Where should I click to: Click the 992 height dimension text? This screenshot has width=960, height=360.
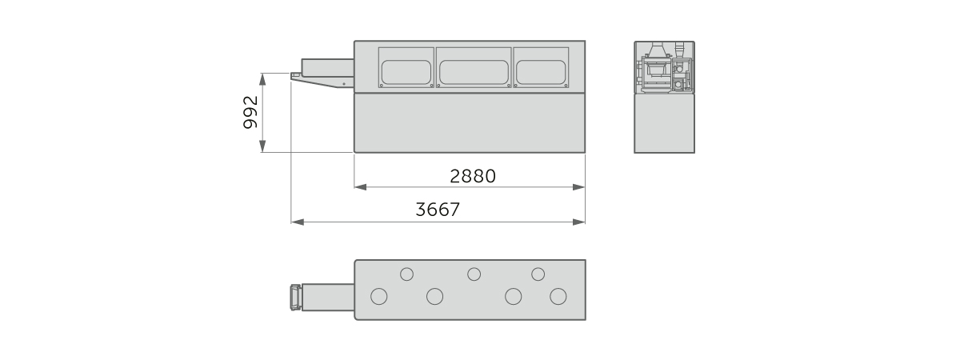coord(250,112)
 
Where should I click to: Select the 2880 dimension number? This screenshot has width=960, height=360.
coord(473,176)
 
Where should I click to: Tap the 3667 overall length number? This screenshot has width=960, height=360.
coord(438,210)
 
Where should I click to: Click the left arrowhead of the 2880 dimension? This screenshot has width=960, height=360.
coord(361,187)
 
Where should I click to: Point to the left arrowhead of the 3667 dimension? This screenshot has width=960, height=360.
coord(298,222)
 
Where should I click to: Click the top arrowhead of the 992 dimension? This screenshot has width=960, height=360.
coord(263,79)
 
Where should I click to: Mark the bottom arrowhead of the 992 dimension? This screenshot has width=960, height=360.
coord(263,146)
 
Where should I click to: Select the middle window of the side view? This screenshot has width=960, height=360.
coord(474,68)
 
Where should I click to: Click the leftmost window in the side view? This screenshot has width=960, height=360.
coord(406,68)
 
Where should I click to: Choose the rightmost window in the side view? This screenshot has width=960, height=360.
coord(541,68)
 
